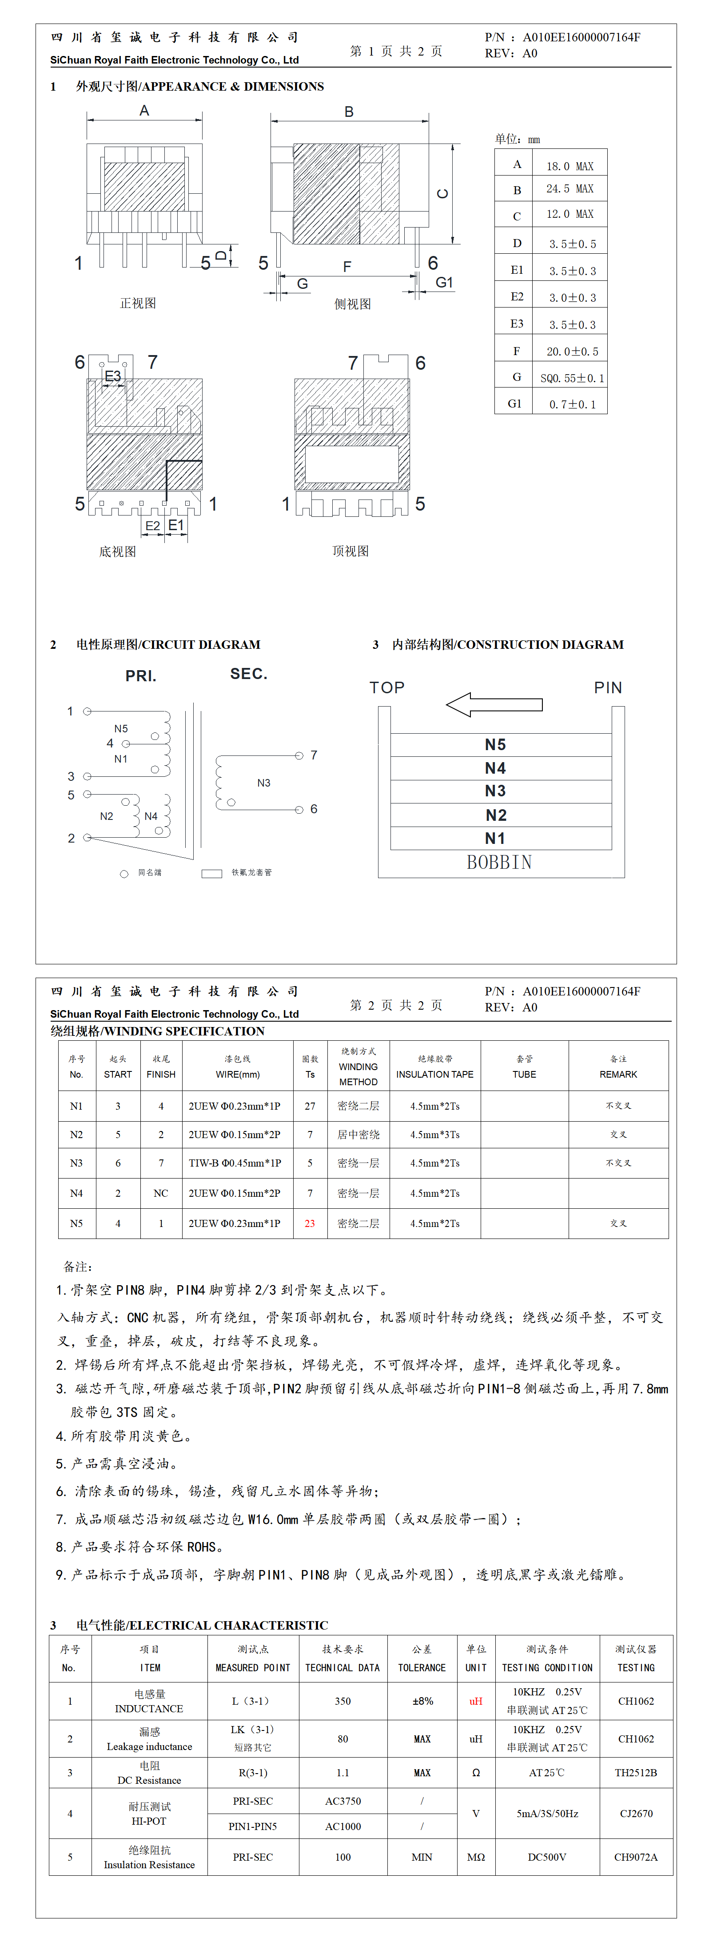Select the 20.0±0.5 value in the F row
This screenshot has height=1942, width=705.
point(572,352)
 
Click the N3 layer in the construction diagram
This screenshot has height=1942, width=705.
point(495,791)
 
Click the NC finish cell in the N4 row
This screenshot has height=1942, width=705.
point(161,1193)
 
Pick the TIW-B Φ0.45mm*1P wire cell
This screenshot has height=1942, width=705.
point(235,1163)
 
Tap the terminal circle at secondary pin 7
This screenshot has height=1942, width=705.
point(299,755)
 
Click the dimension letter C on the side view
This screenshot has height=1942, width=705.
point(442,194)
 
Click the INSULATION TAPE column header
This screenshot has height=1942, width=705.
point(435,1067)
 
